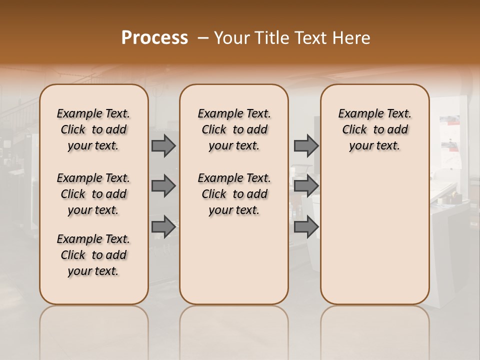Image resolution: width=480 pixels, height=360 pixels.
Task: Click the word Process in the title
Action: coord(154,38)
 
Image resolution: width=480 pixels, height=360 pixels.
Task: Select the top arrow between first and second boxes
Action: coord(163,146)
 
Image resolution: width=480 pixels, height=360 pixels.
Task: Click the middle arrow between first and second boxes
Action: coord(163,186)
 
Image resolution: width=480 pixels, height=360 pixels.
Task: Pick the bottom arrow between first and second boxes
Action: coord(163,227)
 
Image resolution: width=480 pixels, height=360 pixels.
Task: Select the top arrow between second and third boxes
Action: coord(306,146)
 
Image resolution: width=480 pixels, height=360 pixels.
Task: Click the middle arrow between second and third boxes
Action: coord(306,186)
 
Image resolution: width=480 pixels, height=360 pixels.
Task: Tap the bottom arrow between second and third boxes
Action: coord(306,227)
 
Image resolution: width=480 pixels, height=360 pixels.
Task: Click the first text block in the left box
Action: coord(93,129)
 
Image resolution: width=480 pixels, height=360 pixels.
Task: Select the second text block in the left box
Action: coord(93,194)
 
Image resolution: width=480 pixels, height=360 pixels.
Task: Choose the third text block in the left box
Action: coord(93,255)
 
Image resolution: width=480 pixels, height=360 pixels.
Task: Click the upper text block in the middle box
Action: coord(234,129)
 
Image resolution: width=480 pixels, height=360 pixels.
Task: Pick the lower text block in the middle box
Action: coord(234,194)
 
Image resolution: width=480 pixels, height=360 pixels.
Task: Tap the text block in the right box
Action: coord(374,129)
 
